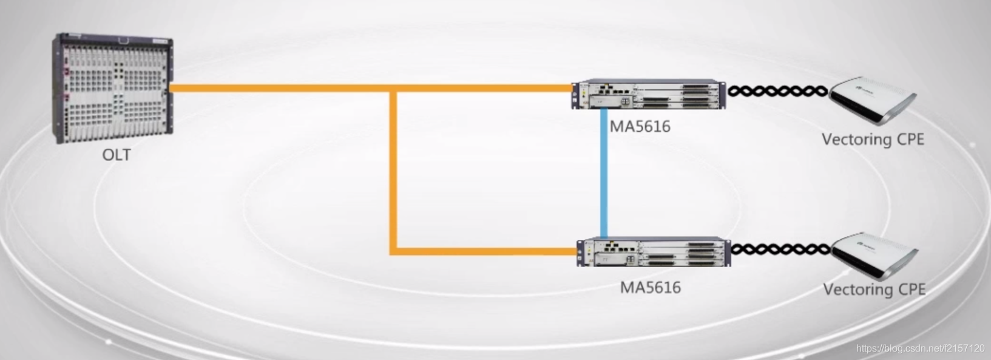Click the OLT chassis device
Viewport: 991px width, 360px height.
point(113,88)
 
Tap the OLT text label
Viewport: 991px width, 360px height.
point(116,155)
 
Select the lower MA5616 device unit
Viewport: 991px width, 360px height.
point(653,253)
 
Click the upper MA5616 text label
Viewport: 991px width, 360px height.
point(640,126)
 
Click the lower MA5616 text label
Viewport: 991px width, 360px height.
point(650,287)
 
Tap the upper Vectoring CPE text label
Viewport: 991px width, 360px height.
point(873,140)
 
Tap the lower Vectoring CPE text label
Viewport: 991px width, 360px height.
point(874,289)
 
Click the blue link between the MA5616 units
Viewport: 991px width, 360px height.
point(604,173)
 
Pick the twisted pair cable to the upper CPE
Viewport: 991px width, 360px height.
point(777,92)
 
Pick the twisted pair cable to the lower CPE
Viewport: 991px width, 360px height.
point(780,249)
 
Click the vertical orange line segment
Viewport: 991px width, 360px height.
point(393,170)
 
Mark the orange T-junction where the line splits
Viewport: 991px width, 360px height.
point(393,89)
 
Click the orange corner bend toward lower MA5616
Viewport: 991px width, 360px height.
point(394,250)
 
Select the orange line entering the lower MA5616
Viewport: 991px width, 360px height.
point(485,250)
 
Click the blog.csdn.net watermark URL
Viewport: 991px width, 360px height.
point(920,348)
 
